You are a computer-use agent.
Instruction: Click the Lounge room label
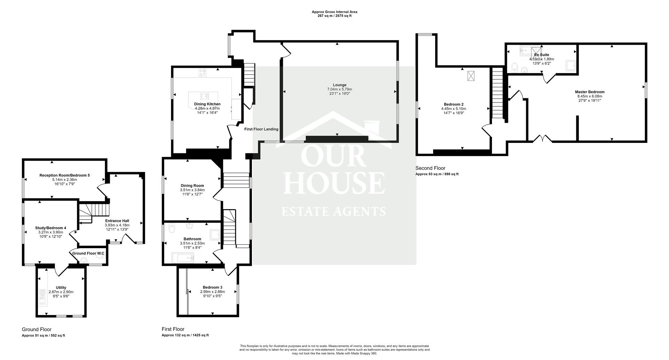(x=340, y=85)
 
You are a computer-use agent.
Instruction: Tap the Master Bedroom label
(x=590, y=92)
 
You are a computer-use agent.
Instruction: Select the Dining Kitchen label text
(x=207, y=104)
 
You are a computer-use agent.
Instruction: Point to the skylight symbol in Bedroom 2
(x=471, y=76)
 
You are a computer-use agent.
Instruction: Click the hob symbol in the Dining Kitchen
(x=202, y=73)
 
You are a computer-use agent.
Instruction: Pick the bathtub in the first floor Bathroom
(x=183, y=258)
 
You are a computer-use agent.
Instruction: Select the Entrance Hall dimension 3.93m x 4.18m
(x=117, y=225)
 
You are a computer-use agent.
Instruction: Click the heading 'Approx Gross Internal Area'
(x=334, y=12)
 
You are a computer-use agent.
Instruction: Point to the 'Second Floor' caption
(x=430, y=168)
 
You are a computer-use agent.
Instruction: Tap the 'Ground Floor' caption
(x=37, y=329)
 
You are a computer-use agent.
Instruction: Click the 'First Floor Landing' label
(x=261, y=129)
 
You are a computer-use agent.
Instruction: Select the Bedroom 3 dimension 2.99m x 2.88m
(x=213, y=292)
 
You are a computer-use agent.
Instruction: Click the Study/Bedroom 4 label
(x=51, y=228)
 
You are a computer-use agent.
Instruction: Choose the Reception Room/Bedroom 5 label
(x=64, y=175)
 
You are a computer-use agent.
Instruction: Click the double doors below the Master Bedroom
(x=543, y=139)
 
